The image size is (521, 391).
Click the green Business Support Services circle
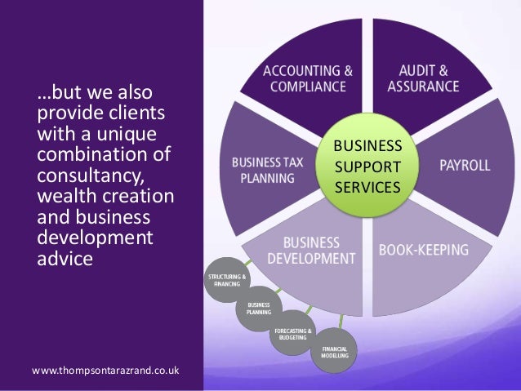(x=367, y=166)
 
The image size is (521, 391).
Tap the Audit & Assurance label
(x=423, y=78)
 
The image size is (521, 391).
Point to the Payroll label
(x=465, y=166)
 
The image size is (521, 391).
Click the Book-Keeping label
(x=423, y=250)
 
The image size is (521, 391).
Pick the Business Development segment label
(x=311, y=251)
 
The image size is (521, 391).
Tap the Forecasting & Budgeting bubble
(x=293, y=333)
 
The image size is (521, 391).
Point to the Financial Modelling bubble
(x=334, y=353)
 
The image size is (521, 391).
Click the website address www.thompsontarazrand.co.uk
(x=106, y=372)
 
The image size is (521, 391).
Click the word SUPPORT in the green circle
(x=367, y=167)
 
